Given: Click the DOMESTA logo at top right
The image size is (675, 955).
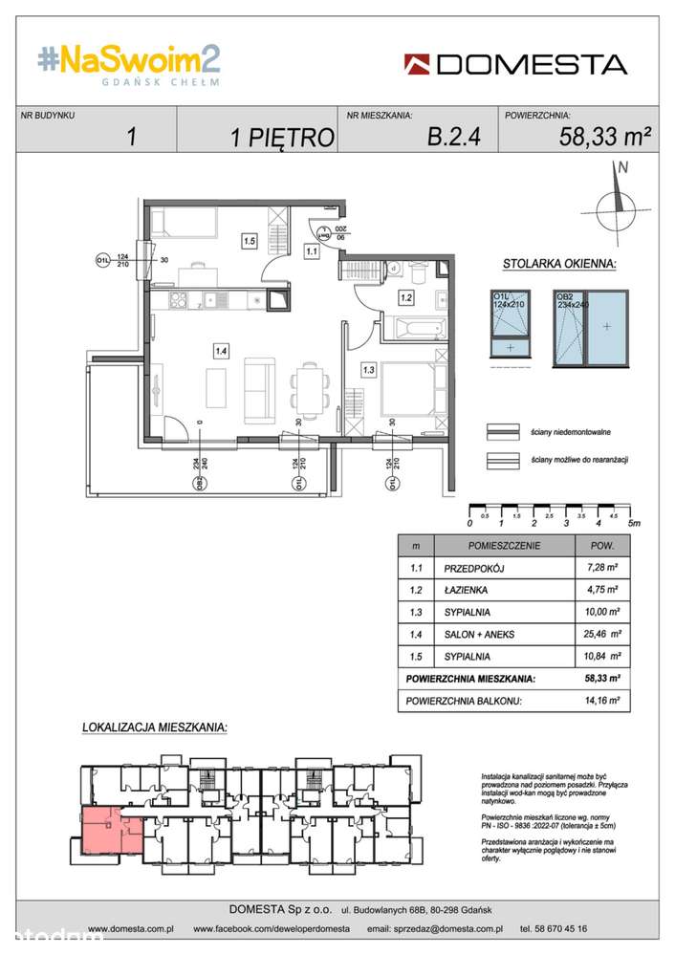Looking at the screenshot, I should point(515,64).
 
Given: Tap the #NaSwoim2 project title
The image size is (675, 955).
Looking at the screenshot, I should point(129,61).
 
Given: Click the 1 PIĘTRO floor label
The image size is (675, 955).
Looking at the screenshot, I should point(282,138).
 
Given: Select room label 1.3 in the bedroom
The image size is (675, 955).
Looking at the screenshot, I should point(368,367).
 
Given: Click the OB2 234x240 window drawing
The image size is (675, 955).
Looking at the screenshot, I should point(592,327).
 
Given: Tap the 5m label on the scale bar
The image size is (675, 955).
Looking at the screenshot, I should point(634,523).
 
